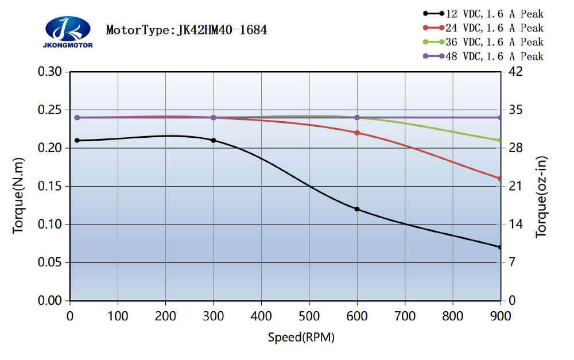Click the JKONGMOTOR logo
coord(68,32)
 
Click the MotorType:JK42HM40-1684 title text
coord(187,30)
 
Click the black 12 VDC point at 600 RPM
coord(357,209)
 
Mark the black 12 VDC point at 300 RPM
coord(214,140)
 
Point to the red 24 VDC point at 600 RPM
coord(357,133)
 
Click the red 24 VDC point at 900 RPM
coord(500,179)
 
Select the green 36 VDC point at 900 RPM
coord(500,140)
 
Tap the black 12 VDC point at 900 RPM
coord(500,247)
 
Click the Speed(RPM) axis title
coord(301,337)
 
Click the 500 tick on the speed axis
coord(309,315)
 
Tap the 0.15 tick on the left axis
coord(53,187)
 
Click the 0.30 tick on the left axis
coord(53,72)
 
